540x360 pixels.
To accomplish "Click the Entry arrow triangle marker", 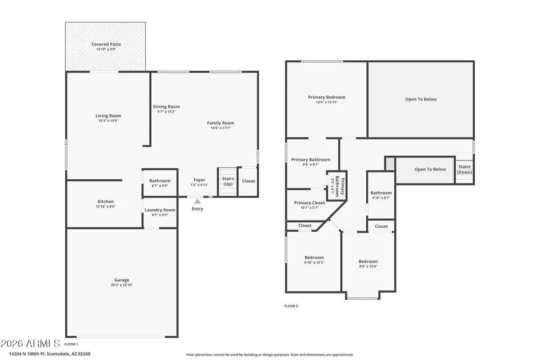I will (197, 202).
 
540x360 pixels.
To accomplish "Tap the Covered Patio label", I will (106, 44).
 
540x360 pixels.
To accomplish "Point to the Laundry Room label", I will (160, 210).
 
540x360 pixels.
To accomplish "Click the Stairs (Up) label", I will (228, 181).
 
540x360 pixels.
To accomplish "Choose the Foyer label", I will (199, 180).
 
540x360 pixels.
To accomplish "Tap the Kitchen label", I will (106, 202).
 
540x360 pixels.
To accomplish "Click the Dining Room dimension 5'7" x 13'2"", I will (166, 112).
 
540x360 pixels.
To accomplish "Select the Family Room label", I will (220, 123).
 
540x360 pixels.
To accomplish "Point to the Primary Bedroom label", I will (327, 97).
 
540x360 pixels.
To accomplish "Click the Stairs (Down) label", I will (464, 169).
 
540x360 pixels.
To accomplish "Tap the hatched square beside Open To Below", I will (390, 163).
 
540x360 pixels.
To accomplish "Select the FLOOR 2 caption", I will (291, 306).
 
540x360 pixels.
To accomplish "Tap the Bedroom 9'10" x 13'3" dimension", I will (314, 263).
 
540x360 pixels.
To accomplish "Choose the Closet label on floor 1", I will (248, 181).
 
